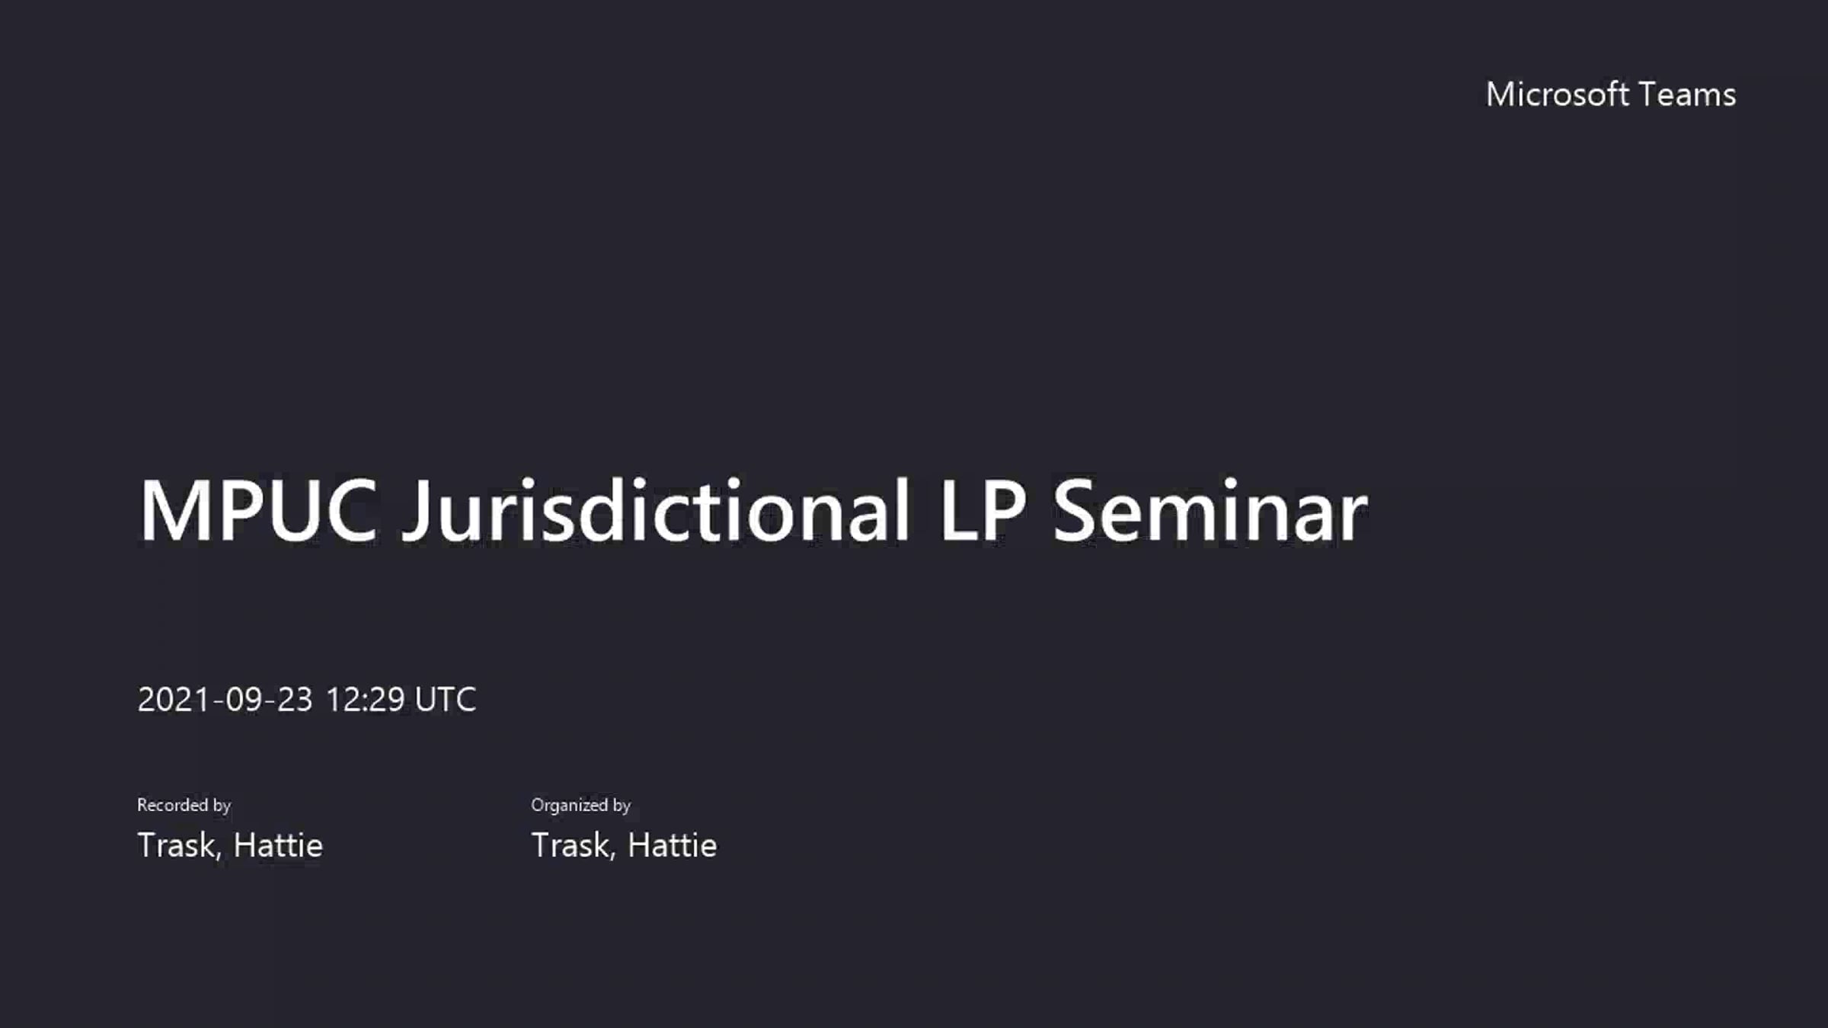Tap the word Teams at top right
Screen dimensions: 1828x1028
(1687, 94)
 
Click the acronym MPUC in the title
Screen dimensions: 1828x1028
(258, 510)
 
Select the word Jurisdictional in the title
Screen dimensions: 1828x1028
(656, 510)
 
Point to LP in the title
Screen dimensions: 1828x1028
(983, 510)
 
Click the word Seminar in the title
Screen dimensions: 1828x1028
(1210, 510)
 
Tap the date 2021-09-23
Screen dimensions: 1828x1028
(225, 699)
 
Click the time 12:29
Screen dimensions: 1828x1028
(365, 699)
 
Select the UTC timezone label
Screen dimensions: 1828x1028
(446, 699)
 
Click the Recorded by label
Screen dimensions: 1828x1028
(184, 805)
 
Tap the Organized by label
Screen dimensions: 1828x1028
(580, 805)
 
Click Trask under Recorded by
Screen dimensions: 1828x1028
(178, 845)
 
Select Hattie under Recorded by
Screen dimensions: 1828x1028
(278, 845)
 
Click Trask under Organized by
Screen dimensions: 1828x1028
(573, 845)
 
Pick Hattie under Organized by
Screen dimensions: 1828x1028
(672, 845)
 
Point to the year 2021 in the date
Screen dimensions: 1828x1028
(174, 699)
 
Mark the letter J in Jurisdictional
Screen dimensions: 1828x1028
(415, 512)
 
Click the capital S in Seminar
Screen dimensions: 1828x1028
(1074, 510)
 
